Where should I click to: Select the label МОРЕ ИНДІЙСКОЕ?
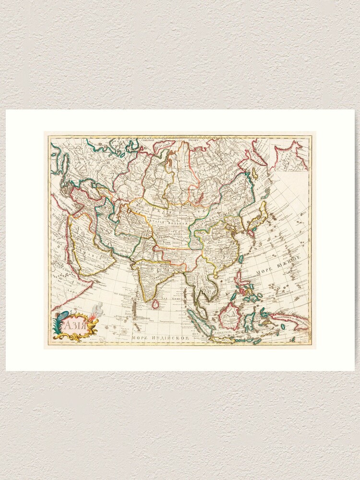click(x=161, y=338)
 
